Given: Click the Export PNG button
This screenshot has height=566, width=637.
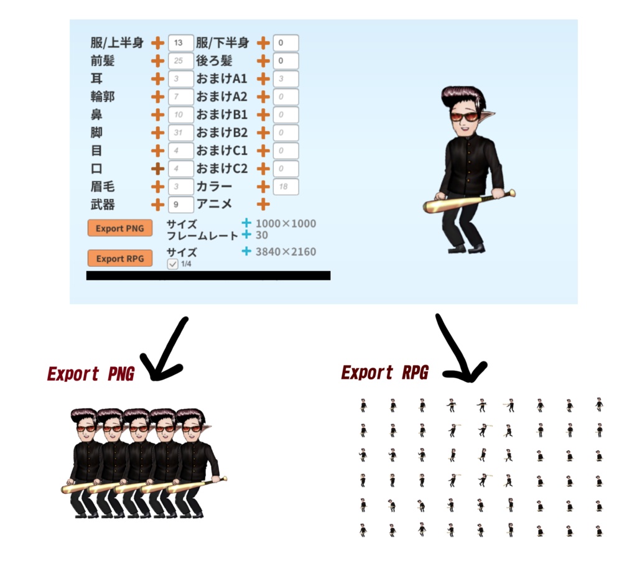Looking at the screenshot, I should click(120, 228).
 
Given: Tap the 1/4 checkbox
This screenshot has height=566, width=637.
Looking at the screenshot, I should click(173, 264).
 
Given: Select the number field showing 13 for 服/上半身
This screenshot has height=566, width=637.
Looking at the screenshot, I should click(181, 43).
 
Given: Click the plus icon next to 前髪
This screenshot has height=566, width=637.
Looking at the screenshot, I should click(158, 61).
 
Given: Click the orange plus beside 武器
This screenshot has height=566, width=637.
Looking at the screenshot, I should click(158, 204).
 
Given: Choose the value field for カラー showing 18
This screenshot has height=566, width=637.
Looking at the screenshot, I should click(286, 187).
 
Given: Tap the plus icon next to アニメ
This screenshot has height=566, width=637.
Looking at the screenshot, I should click(263, 204).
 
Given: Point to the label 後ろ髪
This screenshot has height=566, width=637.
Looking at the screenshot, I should click(214, 61).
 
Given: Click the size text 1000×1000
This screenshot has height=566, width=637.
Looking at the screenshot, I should click(286, 224).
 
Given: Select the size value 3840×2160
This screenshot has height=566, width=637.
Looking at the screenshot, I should click(286, 252).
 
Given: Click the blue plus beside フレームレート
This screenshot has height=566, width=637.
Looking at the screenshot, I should click(246, 234).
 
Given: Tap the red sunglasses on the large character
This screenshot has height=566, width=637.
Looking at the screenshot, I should click(463, 116).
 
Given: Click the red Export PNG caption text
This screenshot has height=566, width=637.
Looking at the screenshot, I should click(91, 374).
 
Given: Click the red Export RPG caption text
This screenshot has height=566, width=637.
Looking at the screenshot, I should click(385, 373).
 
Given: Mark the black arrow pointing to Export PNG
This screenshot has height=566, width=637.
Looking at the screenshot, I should click(165, 351).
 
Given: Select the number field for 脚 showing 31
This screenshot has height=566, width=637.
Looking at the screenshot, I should click(181, 133).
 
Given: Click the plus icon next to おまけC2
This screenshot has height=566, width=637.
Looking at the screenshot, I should click(263, 169).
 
